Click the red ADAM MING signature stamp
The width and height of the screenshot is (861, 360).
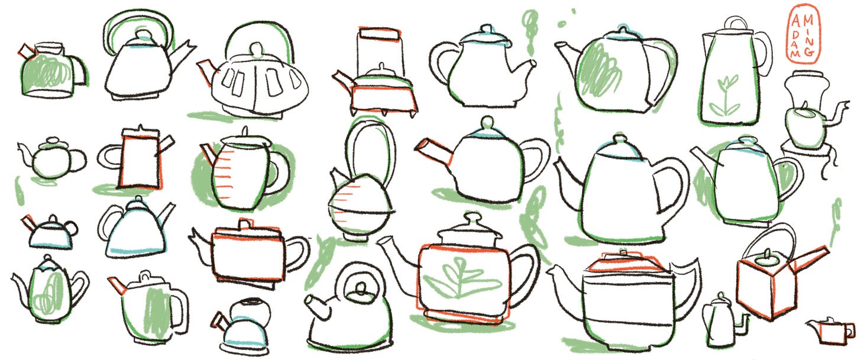803,34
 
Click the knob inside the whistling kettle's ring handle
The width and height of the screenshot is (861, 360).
361,288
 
